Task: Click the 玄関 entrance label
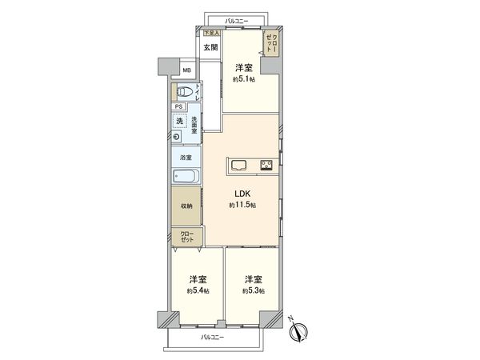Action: (210, 47)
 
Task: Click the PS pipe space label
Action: (178, 106)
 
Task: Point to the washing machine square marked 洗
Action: (180, 121)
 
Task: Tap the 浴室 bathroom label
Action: (185, 158)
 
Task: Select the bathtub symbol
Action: (185, 177)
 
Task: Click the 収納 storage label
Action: (185, 206)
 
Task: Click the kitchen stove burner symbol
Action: (265, 166)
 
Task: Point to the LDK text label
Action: (242, 193)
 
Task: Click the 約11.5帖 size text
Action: (242, 206)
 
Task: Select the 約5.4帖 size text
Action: (198, 290)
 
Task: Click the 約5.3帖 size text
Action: (254, 290)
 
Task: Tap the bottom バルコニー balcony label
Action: (212, 337)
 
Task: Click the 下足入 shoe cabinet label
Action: (210, 33)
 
